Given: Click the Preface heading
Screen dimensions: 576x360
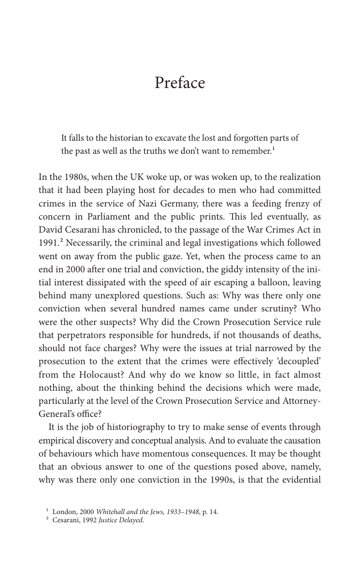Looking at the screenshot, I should pos(180,83).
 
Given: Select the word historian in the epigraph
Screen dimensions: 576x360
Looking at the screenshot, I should pos(122,138).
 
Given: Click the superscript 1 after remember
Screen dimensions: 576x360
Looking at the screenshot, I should pos(274,148).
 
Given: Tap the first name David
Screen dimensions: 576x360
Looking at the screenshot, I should pos(50,230).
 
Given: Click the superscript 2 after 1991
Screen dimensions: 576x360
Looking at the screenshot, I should pos(62,241).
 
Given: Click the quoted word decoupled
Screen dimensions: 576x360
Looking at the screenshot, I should pos(299,361).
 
